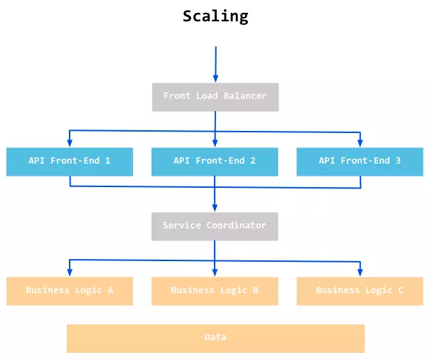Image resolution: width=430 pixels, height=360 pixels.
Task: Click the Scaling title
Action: (x=215, y=16)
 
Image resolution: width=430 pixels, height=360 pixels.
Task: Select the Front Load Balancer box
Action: (x=215, y=97)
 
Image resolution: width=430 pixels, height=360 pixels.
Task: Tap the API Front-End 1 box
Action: (x=70, y=162)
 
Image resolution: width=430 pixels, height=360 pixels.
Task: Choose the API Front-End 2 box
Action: (x=215, y=162)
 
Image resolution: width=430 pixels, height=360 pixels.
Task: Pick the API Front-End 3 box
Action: (x=360, y=162)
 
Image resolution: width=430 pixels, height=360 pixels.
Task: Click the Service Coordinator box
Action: (x=215, y=226)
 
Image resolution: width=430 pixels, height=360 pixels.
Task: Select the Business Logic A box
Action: (x=70, y=291)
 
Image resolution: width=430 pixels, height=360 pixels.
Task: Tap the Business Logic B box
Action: (x=215, y=291)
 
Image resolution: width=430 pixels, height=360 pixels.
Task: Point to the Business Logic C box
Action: (x=360, y=291)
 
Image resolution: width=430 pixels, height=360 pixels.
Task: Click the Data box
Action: (x=215, y=339)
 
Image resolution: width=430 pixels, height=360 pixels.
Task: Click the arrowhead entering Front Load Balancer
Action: (x=215, y=78)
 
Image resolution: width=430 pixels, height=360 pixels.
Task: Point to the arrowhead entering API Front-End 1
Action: (x=70, y=143)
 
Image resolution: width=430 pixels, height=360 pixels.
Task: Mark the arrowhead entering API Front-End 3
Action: (x=360, y=143)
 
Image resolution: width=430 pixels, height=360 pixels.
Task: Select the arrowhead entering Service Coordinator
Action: (x=215, y=208)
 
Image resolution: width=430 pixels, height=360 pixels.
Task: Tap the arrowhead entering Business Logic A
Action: (x=70, y=272)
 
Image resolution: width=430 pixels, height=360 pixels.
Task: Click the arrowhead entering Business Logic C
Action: (x=360, y=272)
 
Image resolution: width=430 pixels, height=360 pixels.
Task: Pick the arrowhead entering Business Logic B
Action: (x=215, y=272)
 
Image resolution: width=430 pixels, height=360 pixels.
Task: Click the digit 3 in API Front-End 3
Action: (x=397, y=160)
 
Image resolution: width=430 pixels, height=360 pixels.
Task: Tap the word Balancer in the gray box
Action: (x=245, y=95)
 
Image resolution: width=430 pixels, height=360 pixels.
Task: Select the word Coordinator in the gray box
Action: (x=236, y=225)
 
